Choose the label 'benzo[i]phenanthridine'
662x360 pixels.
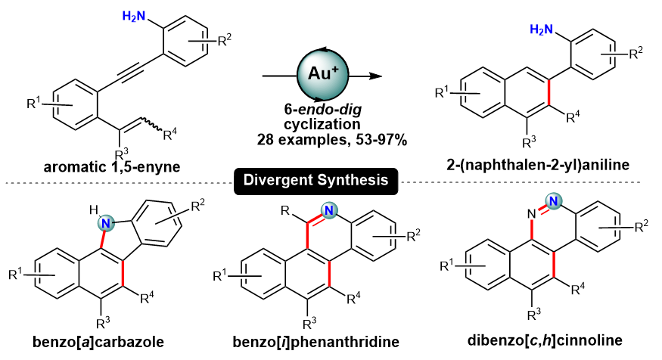pyautogui.click(x=319, y=340)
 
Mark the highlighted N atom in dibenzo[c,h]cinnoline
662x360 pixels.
pyautogui.click(x=555, y=203)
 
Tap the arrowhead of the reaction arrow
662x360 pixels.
pyautogui.click(x=373, y=76)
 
